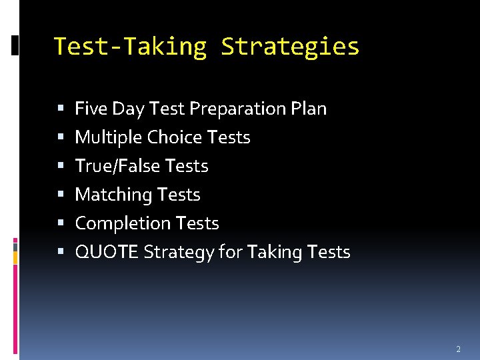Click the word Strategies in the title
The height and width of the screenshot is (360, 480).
(290, 47)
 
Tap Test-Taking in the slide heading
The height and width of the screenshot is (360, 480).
(130, 47)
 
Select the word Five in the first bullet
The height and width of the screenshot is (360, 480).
(89, 108)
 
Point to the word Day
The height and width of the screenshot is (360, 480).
(123, 109)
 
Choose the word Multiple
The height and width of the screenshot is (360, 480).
(109, 137)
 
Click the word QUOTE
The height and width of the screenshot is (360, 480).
(107, 252)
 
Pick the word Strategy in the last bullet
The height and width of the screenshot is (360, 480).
(175, 253)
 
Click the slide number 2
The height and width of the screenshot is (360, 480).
(458, 349)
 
